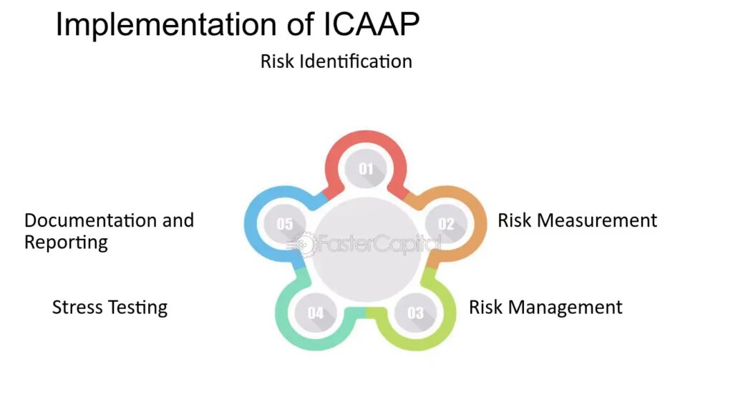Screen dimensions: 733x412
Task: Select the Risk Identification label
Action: point(336,62)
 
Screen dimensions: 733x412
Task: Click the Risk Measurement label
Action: point(578,220)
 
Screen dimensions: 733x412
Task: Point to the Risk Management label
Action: point(545,308)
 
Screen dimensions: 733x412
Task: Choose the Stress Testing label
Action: point(110,308)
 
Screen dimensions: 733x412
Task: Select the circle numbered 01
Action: point(366,169)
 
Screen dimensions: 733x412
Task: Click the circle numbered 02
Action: point(446,224)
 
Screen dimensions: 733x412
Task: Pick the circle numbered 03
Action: point(415,313)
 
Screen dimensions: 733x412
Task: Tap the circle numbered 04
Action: point(316,313)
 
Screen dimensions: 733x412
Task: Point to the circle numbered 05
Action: point(285,224)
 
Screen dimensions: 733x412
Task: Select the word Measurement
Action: point(597,220)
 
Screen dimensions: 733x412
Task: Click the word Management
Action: point(565,308)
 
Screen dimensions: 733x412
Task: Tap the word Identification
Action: point(356,62)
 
